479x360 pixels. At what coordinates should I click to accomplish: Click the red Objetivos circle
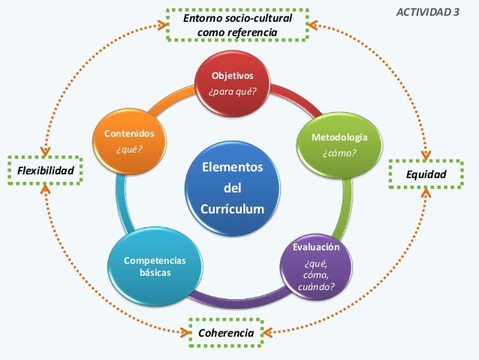232,84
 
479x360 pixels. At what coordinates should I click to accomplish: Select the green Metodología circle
339,146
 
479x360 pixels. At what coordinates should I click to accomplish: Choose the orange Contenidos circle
128,141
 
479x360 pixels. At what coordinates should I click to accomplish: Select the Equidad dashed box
425,174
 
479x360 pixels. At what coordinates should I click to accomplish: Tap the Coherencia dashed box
224,331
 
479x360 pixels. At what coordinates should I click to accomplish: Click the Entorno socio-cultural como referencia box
237,24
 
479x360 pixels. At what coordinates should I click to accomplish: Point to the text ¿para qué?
232,92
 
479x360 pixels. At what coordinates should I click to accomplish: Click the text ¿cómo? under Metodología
339,154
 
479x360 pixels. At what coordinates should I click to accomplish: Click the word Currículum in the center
233,207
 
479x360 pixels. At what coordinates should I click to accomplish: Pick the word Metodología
339,138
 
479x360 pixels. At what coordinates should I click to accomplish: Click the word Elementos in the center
233,166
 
